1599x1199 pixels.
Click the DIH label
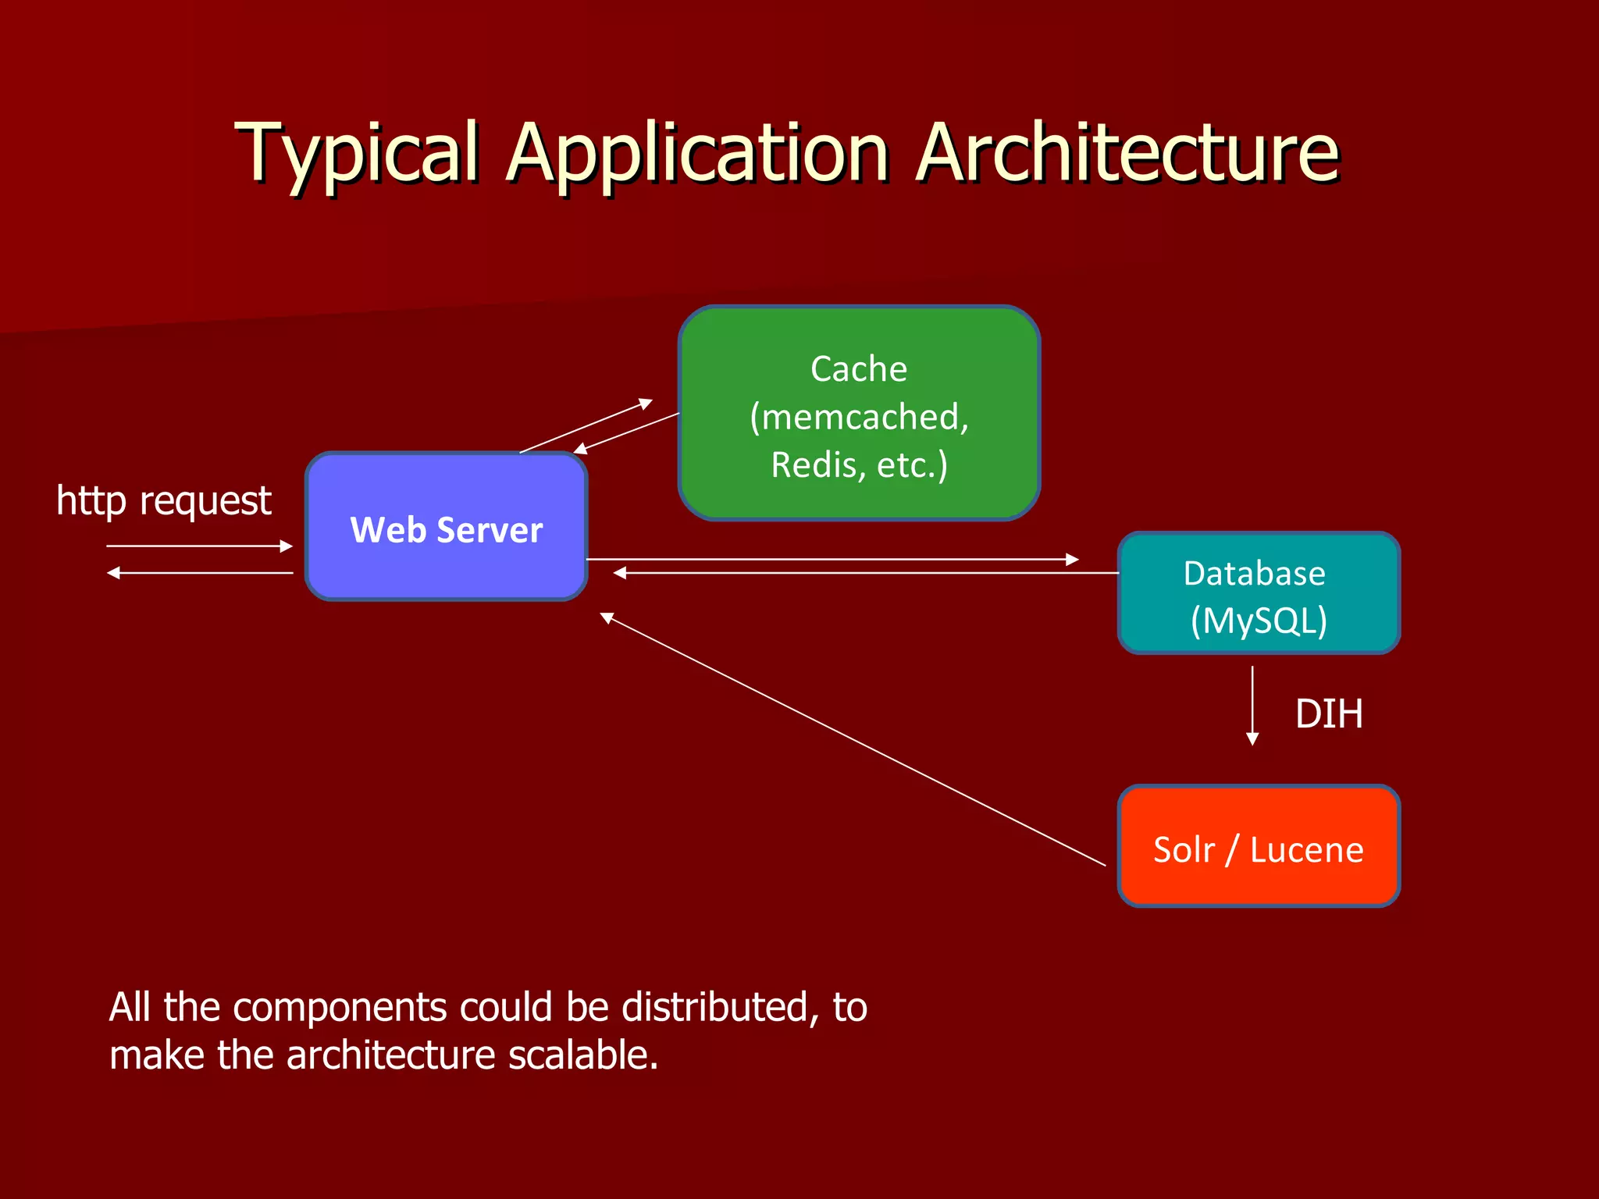coord(1329,714)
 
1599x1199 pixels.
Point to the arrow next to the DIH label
coord(1252,705)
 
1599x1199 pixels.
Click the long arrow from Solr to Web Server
coord(851,740)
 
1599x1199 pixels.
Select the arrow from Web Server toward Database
coord(832,559)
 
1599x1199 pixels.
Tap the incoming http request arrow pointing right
coord(199,546)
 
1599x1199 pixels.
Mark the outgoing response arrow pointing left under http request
coord(199,573)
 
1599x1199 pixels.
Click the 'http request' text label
coord(164,500)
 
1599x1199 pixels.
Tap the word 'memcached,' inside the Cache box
coord(859,417)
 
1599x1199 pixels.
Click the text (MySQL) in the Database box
coord(1259,621)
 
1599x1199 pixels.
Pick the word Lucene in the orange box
coord(1306,850)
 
